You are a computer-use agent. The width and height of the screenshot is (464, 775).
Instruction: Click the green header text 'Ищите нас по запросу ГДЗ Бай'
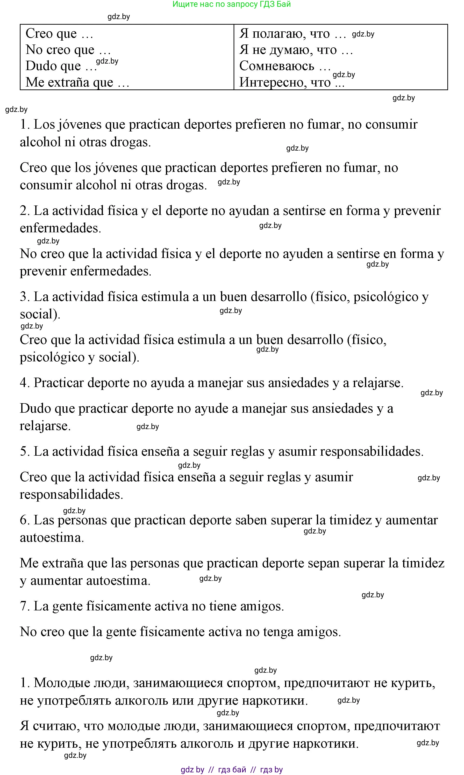pyautogui.click(x=232, y=4)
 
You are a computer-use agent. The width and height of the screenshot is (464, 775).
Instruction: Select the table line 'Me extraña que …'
pyautogui.click(x=77, y=82)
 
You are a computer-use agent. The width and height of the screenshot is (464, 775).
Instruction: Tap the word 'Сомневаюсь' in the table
pyautogui.click(x=277, y=66)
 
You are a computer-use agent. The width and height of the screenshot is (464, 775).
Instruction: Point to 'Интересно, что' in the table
pyautogui.click(x=285, y=82)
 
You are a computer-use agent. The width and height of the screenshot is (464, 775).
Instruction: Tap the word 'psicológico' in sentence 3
pyautogui.click(x=385, y=297)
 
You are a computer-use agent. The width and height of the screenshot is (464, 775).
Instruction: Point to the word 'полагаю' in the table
pyautogui.click(x=275, y=34)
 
